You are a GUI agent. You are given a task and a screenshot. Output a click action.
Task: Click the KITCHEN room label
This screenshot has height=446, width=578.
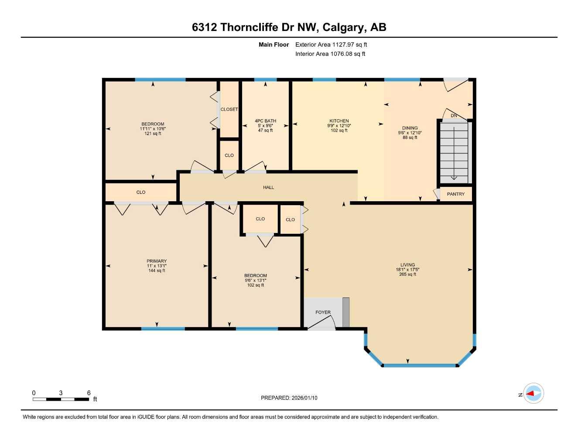(339, 121)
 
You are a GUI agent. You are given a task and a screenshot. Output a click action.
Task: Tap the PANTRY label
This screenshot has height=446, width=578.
(455, 194)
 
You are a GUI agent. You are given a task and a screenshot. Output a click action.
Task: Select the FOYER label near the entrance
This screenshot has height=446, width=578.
(323, 312)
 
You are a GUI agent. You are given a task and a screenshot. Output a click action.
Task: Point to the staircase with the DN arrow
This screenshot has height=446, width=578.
(454, 152)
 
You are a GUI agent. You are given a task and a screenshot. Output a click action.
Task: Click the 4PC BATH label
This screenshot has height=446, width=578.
(265, 121)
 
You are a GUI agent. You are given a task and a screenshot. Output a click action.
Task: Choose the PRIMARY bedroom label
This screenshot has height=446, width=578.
(156, 261)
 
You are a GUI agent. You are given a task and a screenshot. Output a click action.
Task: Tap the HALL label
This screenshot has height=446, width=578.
(268, 187)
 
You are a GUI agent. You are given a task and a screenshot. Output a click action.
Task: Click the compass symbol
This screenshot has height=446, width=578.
(533, 394)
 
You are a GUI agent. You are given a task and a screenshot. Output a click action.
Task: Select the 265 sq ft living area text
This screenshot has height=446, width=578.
(407, 274)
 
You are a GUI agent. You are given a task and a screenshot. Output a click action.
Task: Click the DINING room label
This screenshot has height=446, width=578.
(410, 128)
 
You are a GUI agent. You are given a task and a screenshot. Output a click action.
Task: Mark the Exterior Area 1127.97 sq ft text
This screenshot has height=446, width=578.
(331, 44)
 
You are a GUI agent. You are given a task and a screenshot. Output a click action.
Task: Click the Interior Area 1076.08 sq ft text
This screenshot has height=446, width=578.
(330, 54)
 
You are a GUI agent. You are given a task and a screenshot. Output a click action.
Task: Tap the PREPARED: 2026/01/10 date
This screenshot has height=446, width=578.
(289, 398)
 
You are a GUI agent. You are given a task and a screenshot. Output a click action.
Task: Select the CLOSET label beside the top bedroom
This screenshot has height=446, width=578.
(229, 109)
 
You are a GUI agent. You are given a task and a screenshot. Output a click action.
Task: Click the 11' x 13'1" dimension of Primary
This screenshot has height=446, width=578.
(156, 266)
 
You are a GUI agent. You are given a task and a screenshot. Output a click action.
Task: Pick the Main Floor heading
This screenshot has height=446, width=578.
(274, 44)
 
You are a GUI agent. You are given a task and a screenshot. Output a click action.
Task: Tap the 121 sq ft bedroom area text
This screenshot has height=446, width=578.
(153, 134)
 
